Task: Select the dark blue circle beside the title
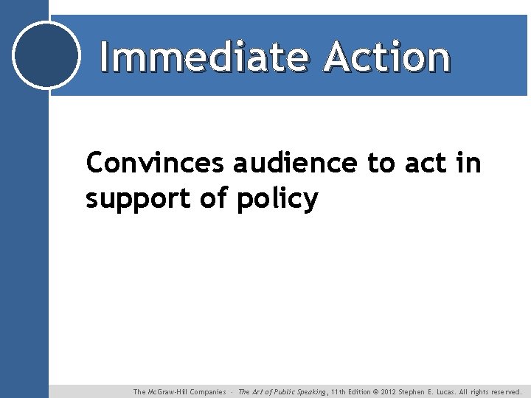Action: click(x=46, y=55)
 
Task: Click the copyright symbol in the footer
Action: click(x=375, y=392)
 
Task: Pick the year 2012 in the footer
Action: click(x=388, y=392)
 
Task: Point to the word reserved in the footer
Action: click(x=507, y=392)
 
